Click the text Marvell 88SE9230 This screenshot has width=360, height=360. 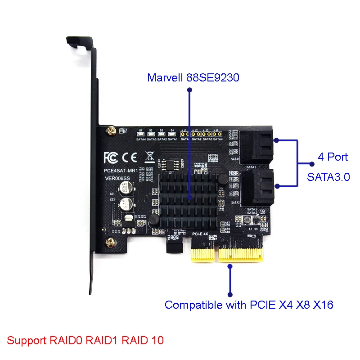click(193, 77)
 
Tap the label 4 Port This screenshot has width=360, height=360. click(333, 157)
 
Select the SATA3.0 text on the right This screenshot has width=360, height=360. click(328, 177)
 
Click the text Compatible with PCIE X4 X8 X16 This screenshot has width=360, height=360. click(249, 305)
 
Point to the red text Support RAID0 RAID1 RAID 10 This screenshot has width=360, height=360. click(85, 340)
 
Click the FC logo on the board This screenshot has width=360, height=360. click(111, 157)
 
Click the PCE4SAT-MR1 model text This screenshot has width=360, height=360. click(119, 171)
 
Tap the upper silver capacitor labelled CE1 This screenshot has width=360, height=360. click(123, 189)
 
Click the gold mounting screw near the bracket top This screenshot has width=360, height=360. click(109, 131)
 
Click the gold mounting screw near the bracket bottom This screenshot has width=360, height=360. click(109, 243)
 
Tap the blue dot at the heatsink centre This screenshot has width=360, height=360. click(189, 197)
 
